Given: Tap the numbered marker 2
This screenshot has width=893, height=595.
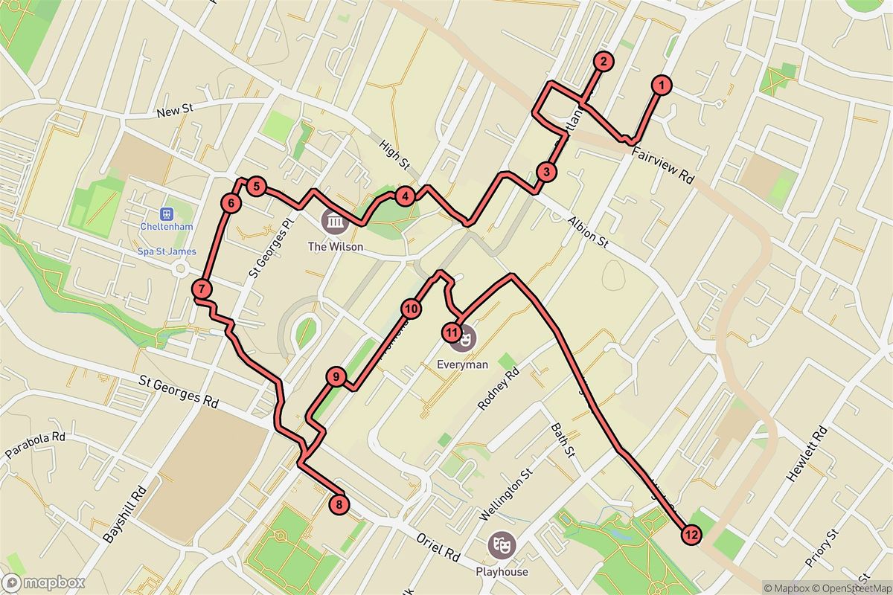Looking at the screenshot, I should [x=604, y=62].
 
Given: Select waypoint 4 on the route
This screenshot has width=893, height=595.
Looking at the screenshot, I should [x=404, y=196].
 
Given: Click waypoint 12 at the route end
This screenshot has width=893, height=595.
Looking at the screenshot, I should [x=691, y=534].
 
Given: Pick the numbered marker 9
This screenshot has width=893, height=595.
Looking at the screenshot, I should [x=336, y=378].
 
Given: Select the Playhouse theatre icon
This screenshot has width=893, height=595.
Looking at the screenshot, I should [x=500, y=545].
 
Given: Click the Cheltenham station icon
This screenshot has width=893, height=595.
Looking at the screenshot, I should [x=167, y=213].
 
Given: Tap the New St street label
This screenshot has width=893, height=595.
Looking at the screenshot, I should [x=176, y=112].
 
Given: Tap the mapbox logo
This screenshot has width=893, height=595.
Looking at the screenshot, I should [x=43, y=582].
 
